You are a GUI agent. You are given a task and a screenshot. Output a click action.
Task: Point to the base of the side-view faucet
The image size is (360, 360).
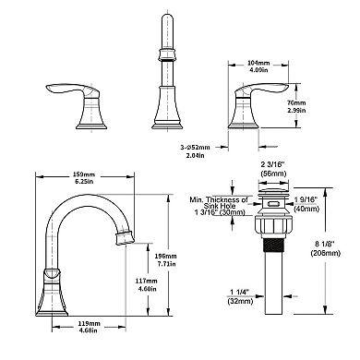[51, 309]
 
